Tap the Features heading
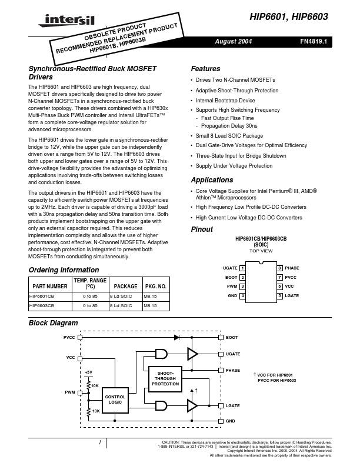pyautogui.click(x=205, y=69)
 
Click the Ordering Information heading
pyautogui.click(x=64, y=270)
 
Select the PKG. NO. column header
pyautogui.click(x=155, y=285)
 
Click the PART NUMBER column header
pyautogui.click(x=51, y=285)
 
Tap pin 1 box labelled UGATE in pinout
pyautogui.click(x=242, y=268)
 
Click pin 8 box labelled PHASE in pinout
pyautogui.click(x=280, y=268)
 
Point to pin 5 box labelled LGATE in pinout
pyautogui.click(x=280, y=295)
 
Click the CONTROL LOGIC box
pyautogui.click(x=115, y=400)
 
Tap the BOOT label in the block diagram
pyautogui.click(x=232, y=338)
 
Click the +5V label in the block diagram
pyautogui.click(x=88, y=372)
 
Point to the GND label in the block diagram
pyautogui.click(x=231, y=421)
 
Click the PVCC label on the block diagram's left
pyautogui.click(x=69, y=338)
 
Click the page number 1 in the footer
pyautogui.click(x=100, y=441)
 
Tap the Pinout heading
pyautogui.click(x=202, y=229)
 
